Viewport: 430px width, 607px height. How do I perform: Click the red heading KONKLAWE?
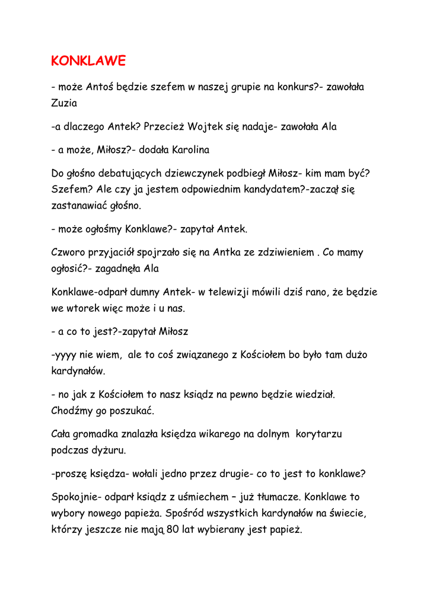coord(89,61)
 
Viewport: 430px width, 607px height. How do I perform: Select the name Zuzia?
coord(64,103)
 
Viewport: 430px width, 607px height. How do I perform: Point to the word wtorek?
coord(84,308)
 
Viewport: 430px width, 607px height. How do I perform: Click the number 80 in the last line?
coord(173,529)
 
